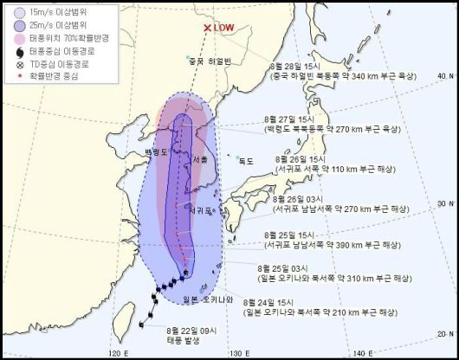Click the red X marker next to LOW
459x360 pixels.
point(206,28)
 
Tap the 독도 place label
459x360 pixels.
point(248,159)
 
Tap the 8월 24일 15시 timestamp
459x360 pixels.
point(270,303)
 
